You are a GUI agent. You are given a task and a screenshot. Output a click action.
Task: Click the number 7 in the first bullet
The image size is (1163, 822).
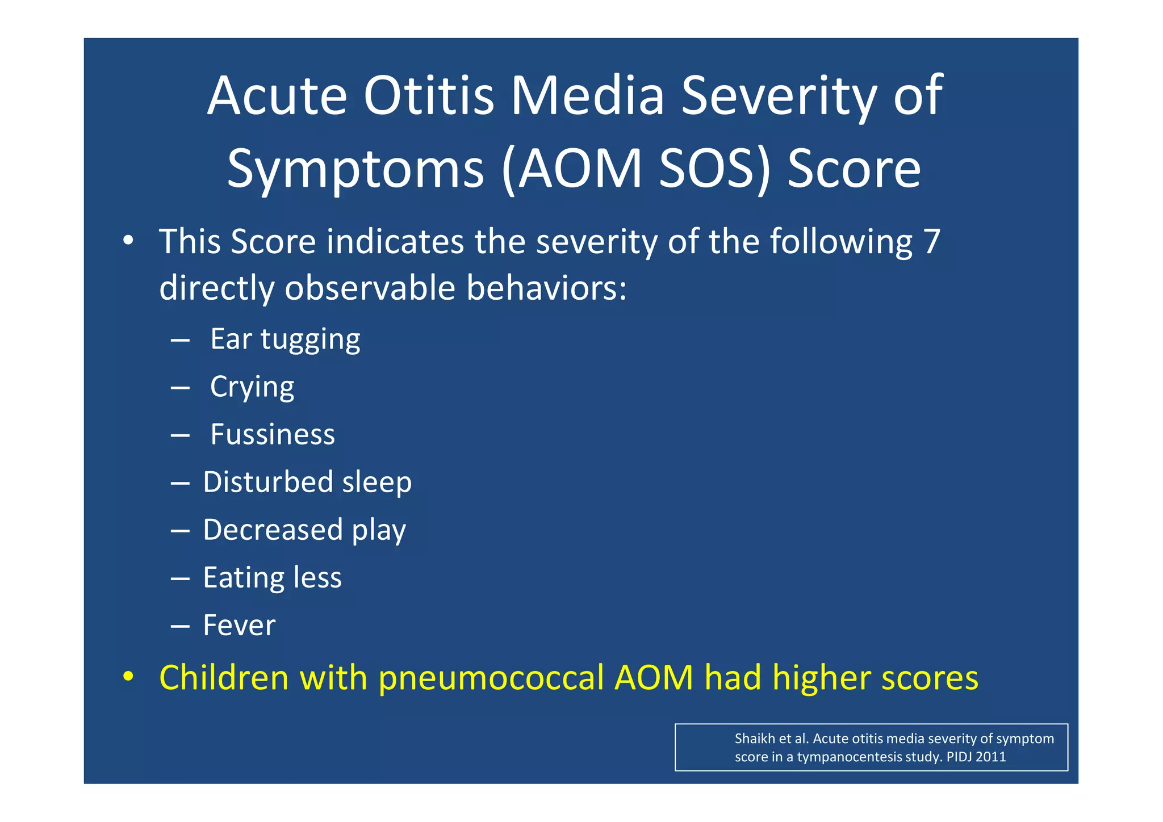click(x=931, y=241)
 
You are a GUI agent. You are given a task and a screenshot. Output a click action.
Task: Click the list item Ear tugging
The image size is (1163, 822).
click(x=285, y=339)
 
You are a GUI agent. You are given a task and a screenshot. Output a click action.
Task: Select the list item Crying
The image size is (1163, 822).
click(x=252, y=387)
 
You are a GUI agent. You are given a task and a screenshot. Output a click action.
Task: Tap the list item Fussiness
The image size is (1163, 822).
click(x=273, y=434)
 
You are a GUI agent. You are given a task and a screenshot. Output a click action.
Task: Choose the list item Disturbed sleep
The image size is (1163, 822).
click(x=307, y=482)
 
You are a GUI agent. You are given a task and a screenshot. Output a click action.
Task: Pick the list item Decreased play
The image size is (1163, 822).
click(x=304, y=530)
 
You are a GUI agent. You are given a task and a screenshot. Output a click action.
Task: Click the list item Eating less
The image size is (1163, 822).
click(x=273, y=577)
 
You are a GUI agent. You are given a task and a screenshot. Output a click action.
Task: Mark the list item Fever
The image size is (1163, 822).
click(x=239, y=625)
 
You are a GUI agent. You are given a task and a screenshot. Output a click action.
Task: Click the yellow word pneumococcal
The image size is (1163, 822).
click(x=491, y=678)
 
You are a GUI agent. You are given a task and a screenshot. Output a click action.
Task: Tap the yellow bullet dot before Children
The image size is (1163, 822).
click(x=128, y=677)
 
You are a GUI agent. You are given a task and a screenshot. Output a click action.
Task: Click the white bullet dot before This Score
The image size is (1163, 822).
click(x=128, y=240)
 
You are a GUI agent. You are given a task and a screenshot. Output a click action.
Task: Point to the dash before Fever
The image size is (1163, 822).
click(x=179, y=626)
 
